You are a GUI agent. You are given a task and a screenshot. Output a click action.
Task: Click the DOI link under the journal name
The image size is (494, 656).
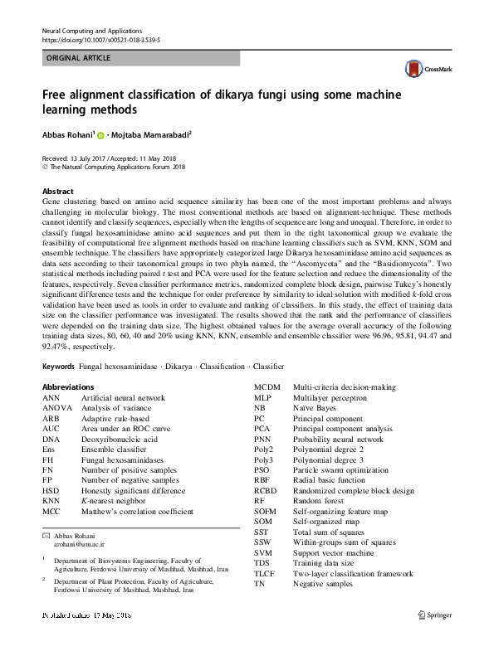(x=100, y=39)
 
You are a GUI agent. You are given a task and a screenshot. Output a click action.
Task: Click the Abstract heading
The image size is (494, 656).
(x=57, y=191)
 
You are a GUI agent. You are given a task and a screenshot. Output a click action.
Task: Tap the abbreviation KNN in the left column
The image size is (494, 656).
(x=51, y=502)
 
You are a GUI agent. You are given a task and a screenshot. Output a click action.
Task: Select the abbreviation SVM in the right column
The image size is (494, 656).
(x=262, y=552)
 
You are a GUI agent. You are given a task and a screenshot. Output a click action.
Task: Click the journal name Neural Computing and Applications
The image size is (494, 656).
(x=92, y=30)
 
